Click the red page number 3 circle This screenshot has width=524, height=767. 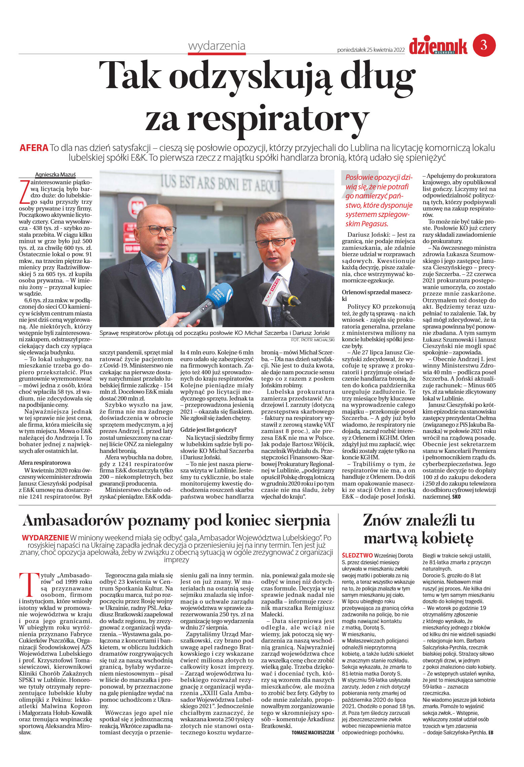[484, 45]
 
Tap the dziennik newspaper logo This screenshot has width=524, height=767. [438, 46]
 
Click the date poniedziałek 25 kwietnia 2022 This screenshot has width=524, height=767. [371, 50]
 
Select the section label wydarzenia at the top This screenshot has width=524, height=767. [217, 46]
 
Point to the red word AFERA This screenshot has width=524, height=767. [34, 148]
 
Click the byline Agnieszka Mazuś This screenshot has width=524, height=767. [55, 175]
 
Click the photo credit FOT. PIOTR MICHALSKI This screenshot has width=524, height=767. [312, 340]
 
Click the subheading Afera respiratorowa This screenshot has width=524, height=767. [45, 463]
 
